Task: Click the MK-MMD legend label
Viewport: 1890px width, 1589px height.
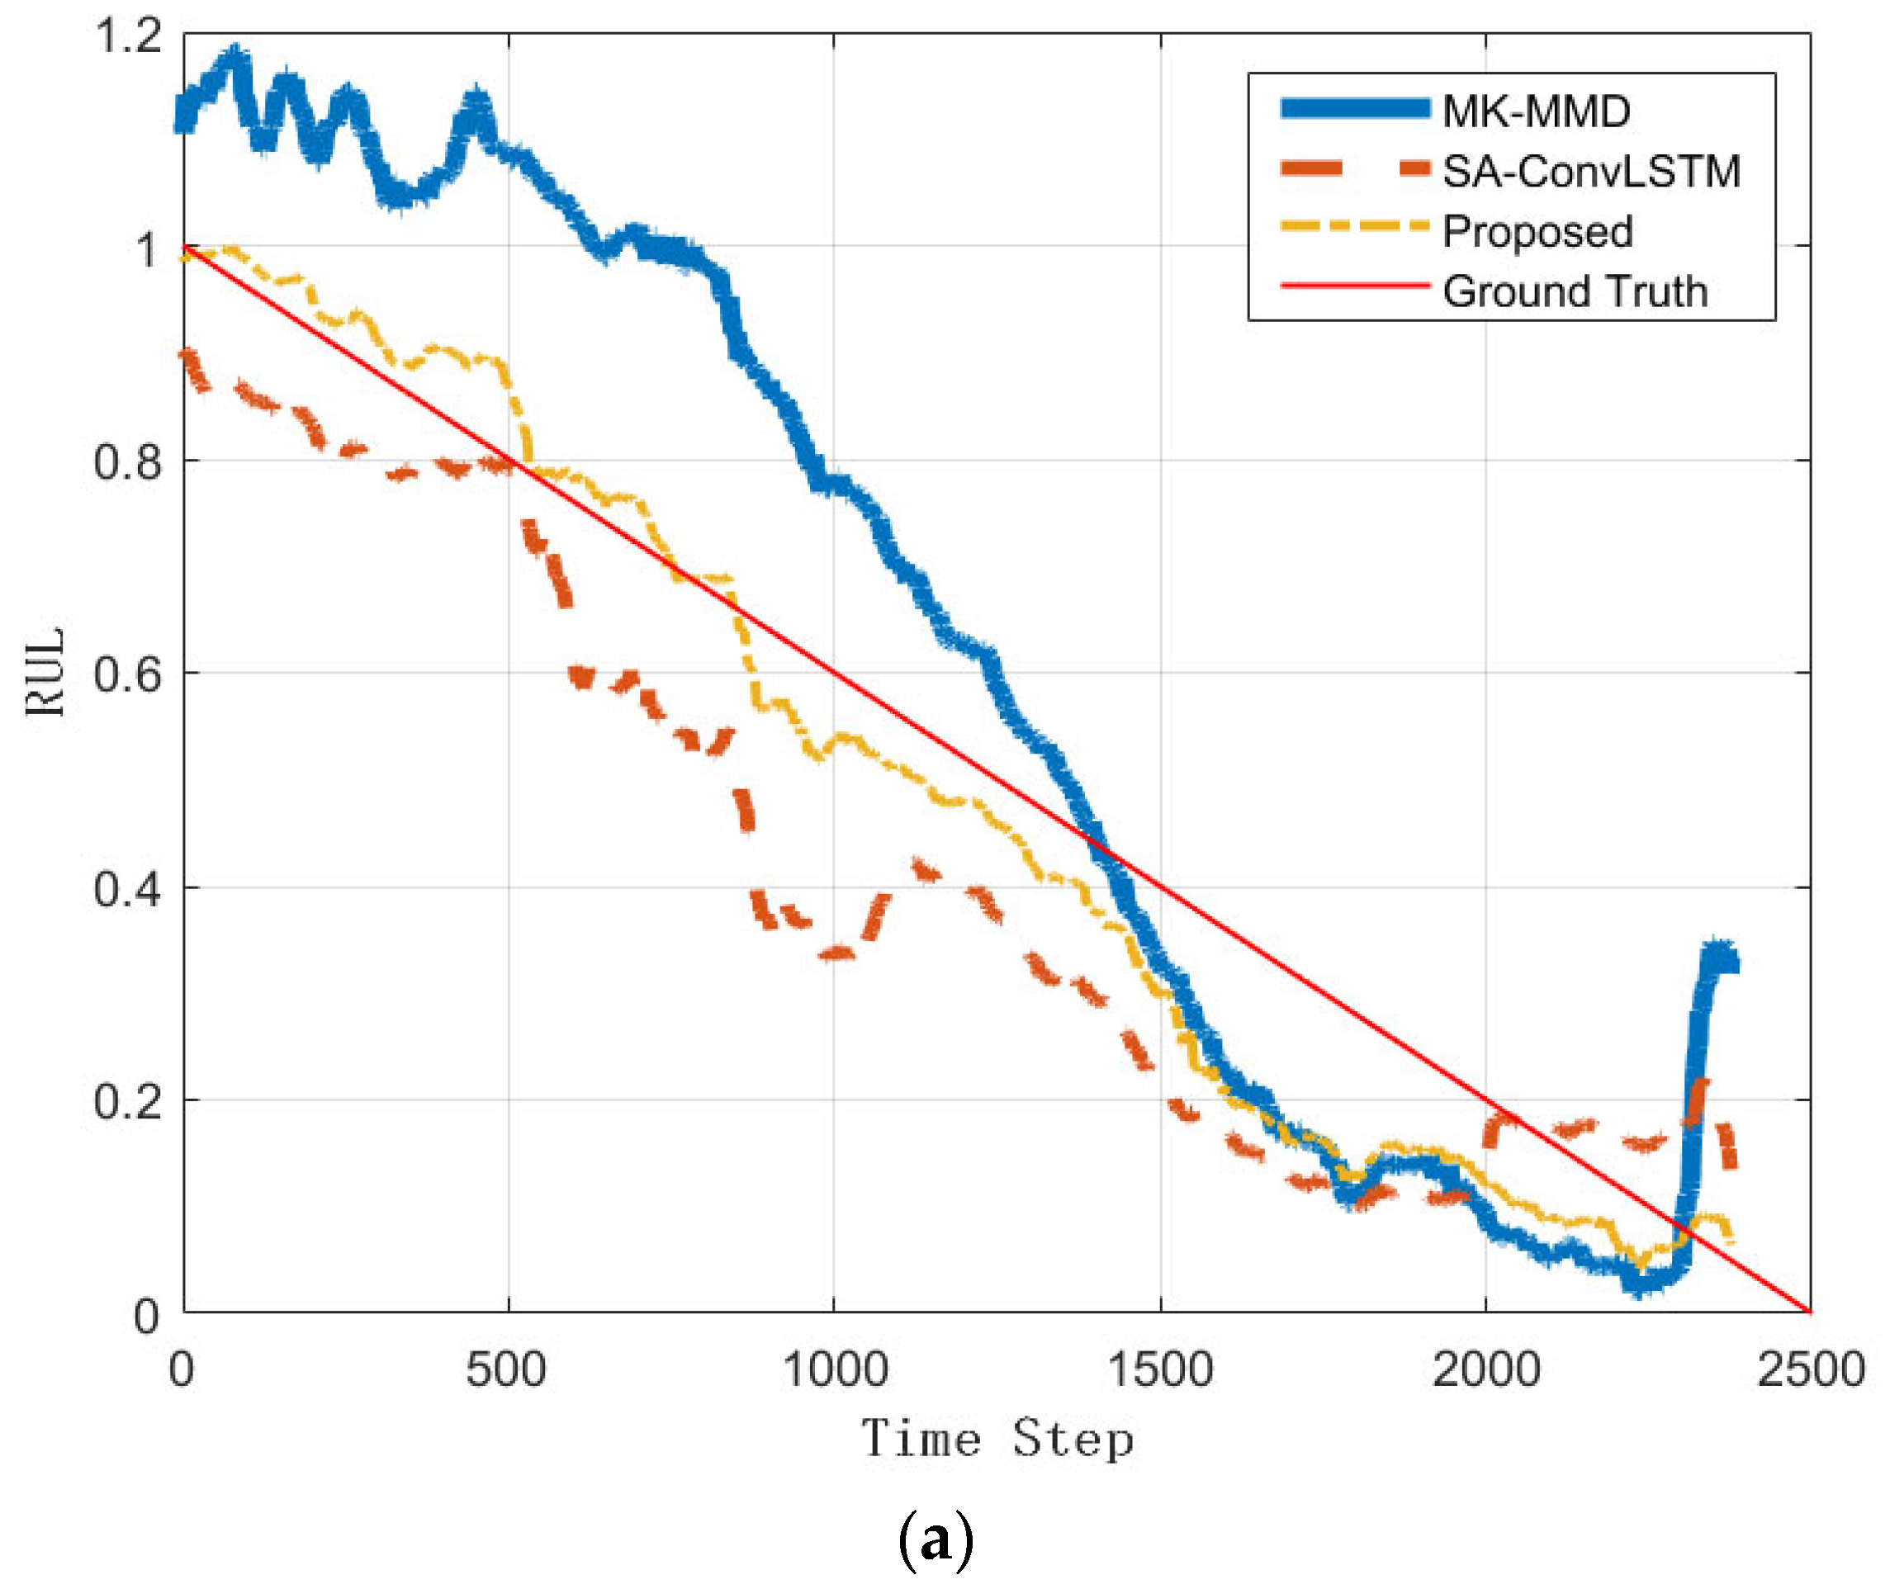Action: click(x=1535, y=111)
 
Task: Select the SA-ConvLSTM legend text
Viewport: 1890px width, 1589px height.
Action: click(x=1591, y=171)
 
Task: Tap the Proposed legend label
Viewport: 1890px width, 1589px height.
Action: click(x=1537, y=231)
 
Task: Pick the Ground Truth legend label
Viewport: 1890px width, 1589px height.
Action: click(x=1575, y=291)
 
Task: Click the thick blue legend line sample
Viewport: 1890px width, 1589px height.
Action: click(x=1355, y=109)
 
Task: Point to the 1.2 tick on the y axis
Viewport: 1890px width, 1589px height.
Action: click(x=128, y=37)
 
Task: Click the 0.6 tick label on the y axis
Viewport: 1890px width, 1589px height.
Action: click(x=128, y=674)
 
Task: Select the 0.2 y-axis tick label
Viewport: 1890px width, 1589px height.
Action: click(x=128, y=1102)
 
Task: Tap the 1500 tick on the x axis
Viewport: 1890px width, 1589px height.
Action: click(x=1159, y=1370)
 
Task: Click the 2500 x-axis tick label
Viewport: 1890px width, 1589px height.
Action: click(x=1810, y=1370)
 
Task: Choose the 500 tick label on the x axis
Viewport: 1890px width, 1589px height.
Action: click(x=506, y=1370)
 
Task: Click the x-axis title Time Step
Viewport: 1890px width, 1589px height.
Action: click(x=997, y=1439)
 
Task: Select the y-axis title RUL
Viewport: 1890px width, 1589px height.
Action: click(x=45, y=672)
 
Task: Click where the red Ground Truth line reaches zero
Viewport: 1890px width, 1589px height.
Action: click(x=1809, y=1312)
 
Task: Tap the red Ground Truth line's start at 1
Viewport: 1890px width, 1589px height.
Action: click(x=186, y=247)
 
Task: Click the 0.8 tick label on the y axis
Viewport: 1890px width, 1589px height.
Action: click(x=128, y=462)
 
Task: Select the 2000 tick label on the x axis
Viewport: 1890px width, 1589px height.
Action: click(x=1485, y=1370)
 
